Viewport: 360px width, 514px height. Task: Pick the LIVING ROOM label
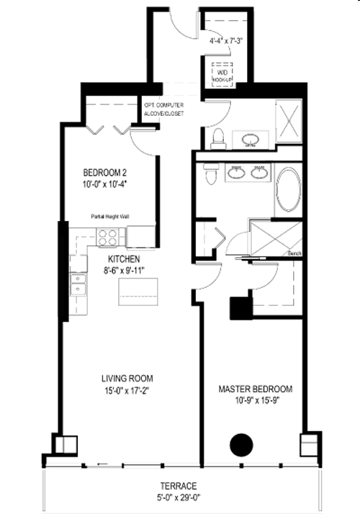coord(127,379)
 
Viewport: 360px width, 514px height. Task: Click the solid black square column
coord(239,308)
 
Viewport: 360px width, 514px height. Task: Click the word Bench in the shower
coord(294,253)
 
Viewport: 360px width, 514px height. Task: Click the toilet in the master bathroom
coord(211,173)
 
